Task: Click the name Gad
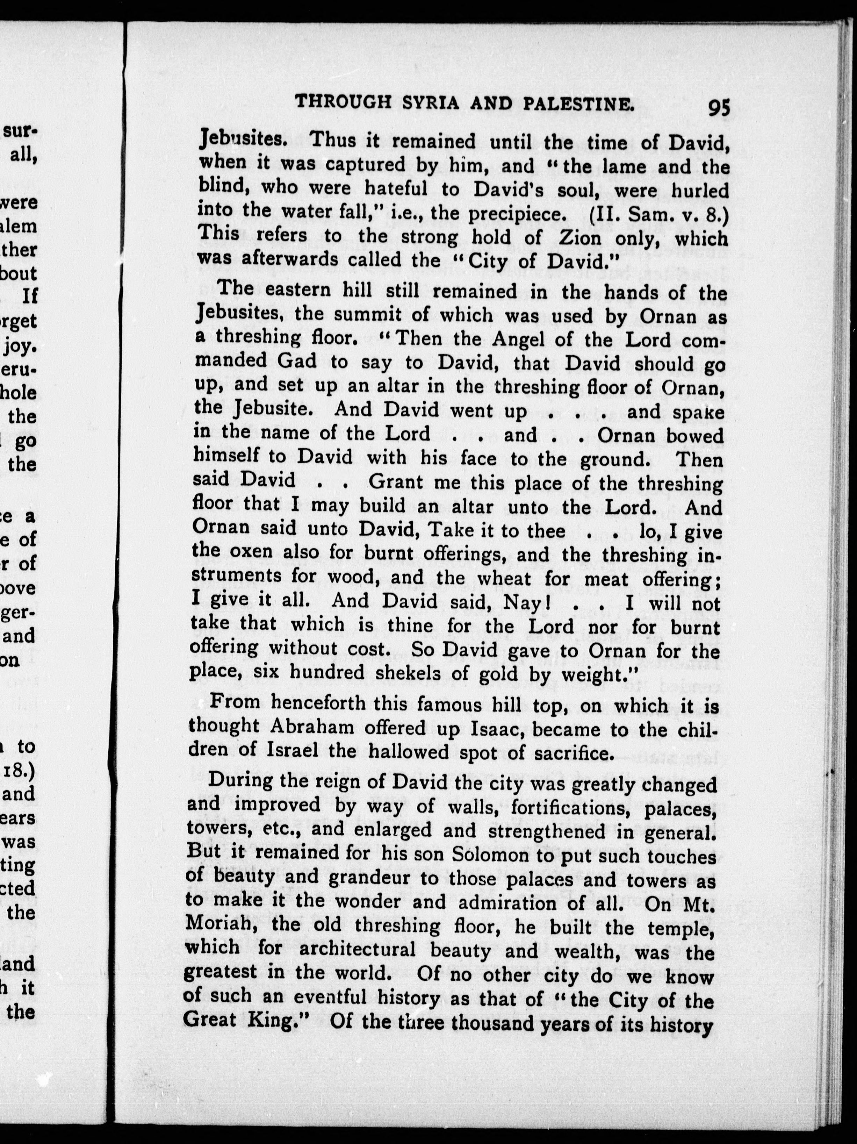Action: tap(297, 361)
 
